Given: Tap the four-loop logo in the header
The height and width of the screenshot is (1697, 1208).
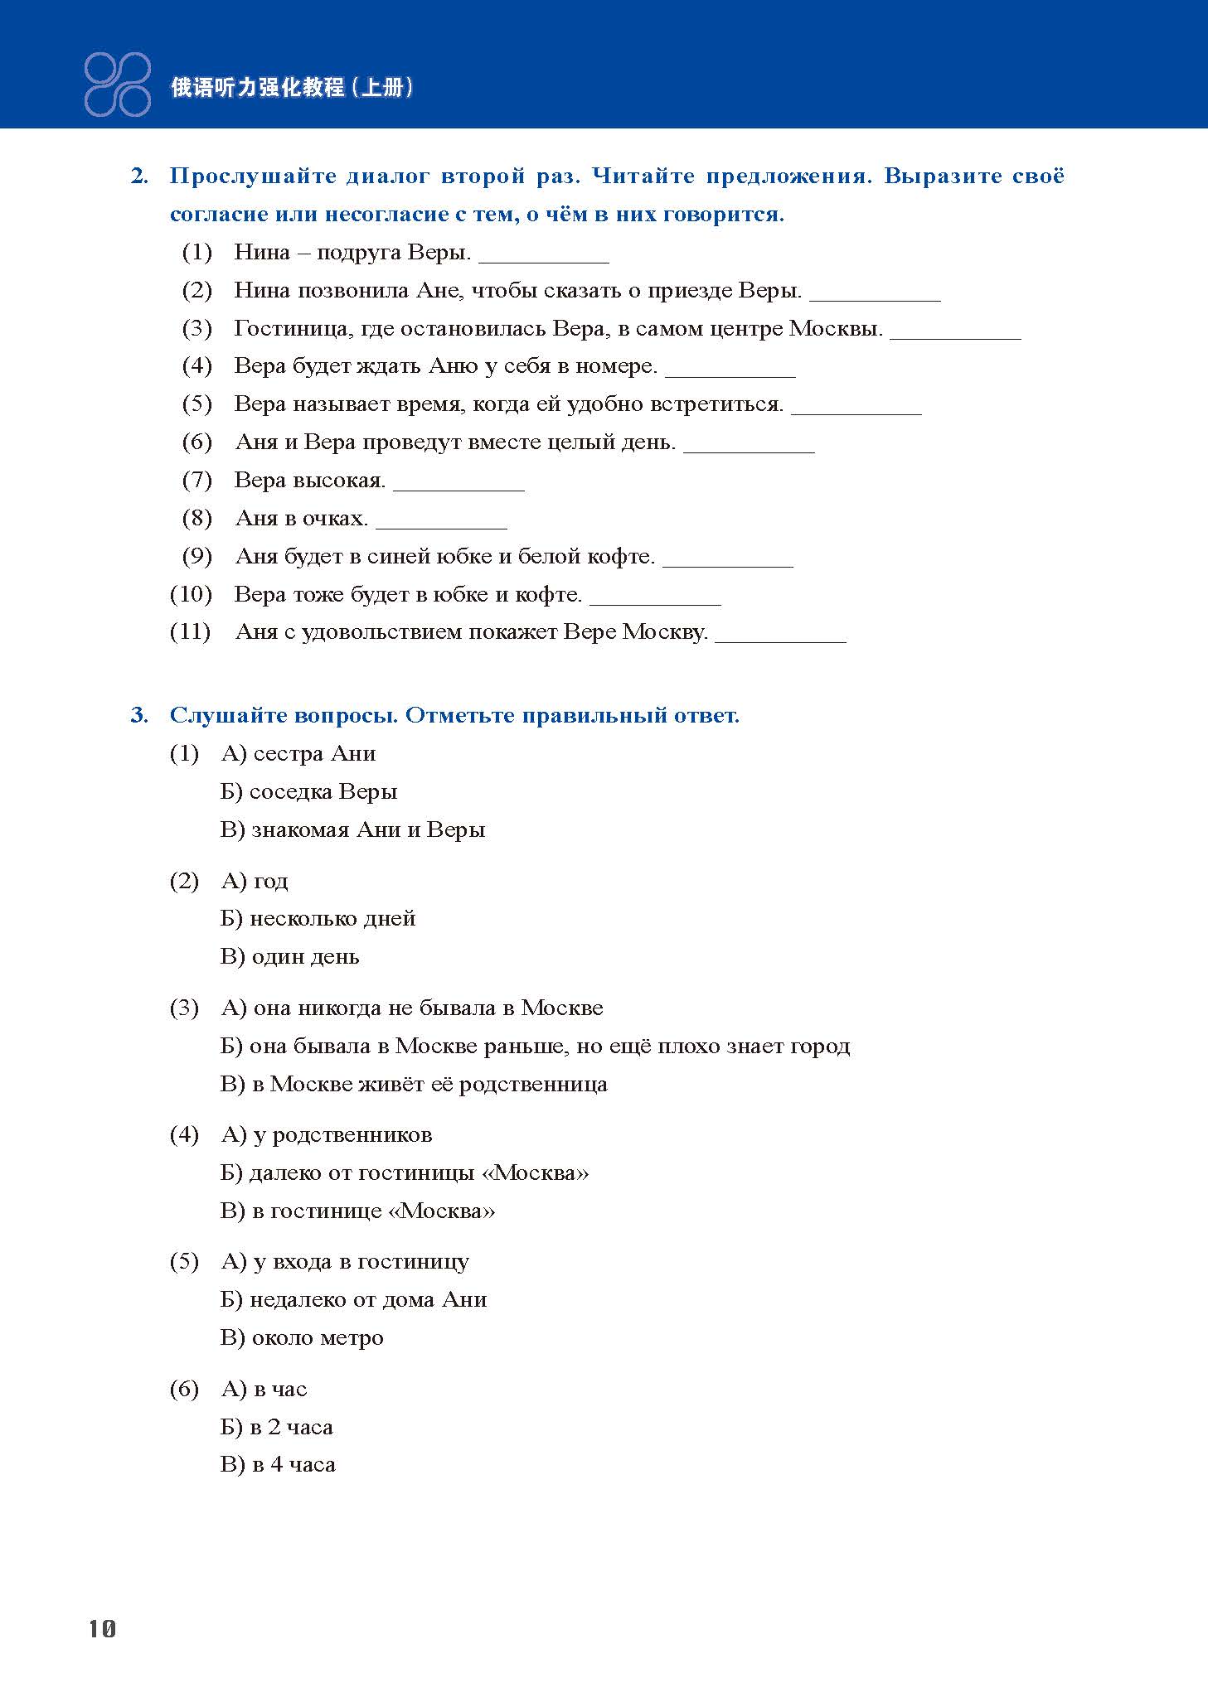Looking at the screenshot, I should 117,84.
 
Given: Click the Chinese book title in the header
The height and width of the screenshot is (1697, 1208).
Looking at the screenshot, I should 292,87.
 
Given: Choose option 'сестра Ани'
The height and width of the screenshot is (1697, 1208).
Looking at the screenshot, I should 298,754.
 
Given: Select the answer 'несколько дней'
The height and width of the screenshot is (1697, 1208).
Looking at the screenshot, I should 318,919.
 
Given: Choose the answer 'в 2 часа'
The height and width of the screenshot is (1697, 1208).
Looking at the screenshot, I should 277,1427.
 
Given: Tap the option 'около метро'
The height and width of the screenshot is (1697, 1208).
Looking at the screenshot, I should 302,1338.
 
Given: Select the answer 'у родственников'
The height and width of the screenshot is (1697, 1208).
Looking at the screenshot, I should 327,1135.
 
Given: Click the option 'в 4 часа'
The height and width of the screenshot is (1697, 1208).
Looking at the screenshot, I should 278,1465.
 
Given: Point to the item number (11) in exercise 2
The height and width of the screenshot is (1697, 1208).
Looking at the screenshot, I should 190,632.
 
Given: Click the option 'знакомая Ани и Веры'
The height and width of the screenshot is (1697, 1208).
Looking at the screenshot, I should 353,830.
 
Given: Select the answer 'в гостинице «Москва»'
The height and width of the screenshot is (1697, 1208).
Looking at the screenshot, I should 358,1211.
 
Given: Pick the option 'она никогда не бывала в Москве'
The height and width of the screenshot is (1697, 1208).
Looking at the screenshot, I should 412,1008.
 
